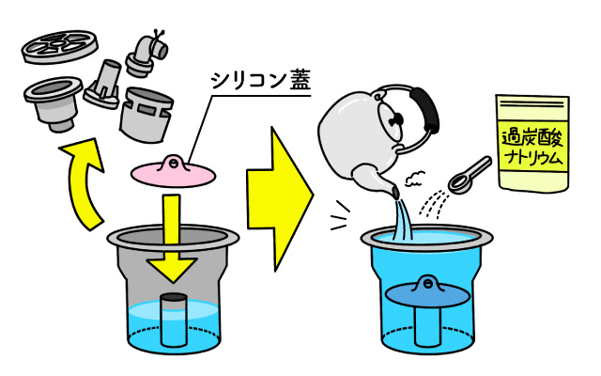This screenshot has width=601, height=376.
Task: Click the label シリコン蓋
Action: pyautogui.click(x=260, y=81)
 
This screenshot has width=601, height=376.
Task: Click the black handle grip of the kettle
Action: pyautogui.click(x=424, y=109)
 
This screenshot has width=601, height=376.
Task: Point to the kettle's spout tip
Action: pyautogui.click(x=394, y=191)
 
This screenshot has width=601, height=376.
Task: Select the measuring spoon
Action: pyautogui.click(x=469, y=175)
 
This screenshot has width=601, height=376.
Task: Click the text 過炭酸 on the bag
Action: pyautogui.click(x=532, y=138)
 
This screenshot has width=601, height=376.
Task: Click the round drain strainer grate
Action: pyautogui.click(x=59, y=47)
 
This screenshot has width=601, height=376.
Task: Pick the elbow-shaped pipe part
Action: pyautogui.click(x=147, y=53)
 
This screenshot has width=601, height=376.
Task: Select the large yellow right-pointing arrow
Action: pyautogui.click(x=279, y=198)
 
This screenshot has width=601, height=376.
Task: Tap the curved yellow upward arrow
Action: pyautogui.click(x=85, y=180)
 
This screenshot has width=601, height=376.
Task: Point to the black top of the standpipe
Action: pyautogui.click(x=173, y=298)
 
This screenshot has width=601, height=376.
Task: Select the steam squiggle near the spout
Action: pyautogui.click(x=415, y=178)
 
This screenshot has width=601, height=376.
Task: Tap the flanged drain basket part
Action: pyautogui.click(x=54, y=102)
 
